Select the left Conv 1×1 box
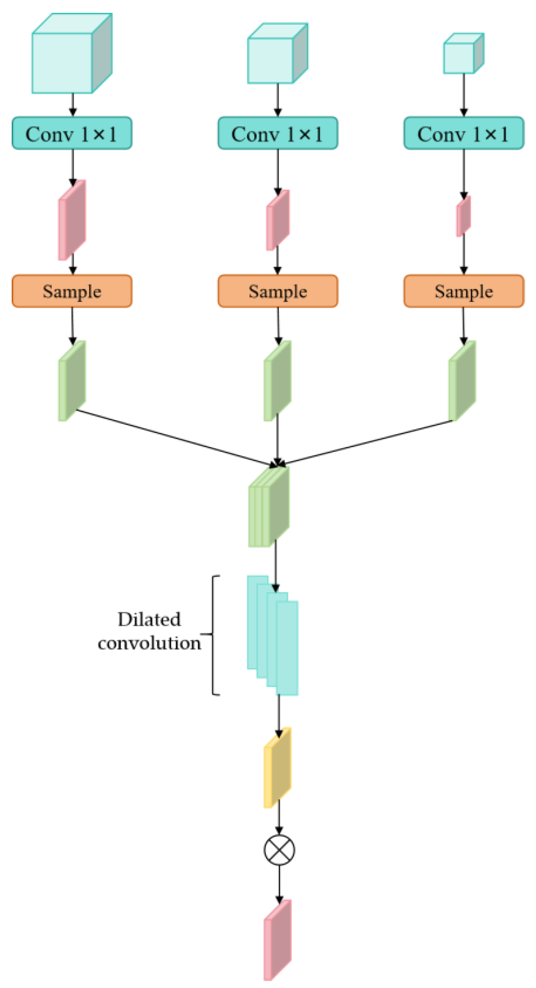click(x=72, y=133)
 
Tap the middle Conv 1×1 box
click(x=278, y=133)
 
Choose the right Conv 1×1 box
click(x=463, y=133)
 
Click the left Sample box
click(x=72, y=291)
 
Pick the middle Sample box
click(x=278, y=291)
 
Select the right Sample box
click(x=463, y=291)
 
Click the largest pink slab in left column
click(x=73, y=220)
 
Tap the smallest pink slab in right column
click(x=463, y=216)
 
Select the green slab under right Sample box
click(x=463, y=381)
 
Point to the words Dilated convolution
click(x=149, y=631)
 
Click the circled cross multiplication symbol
click(x=279, y=850)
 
